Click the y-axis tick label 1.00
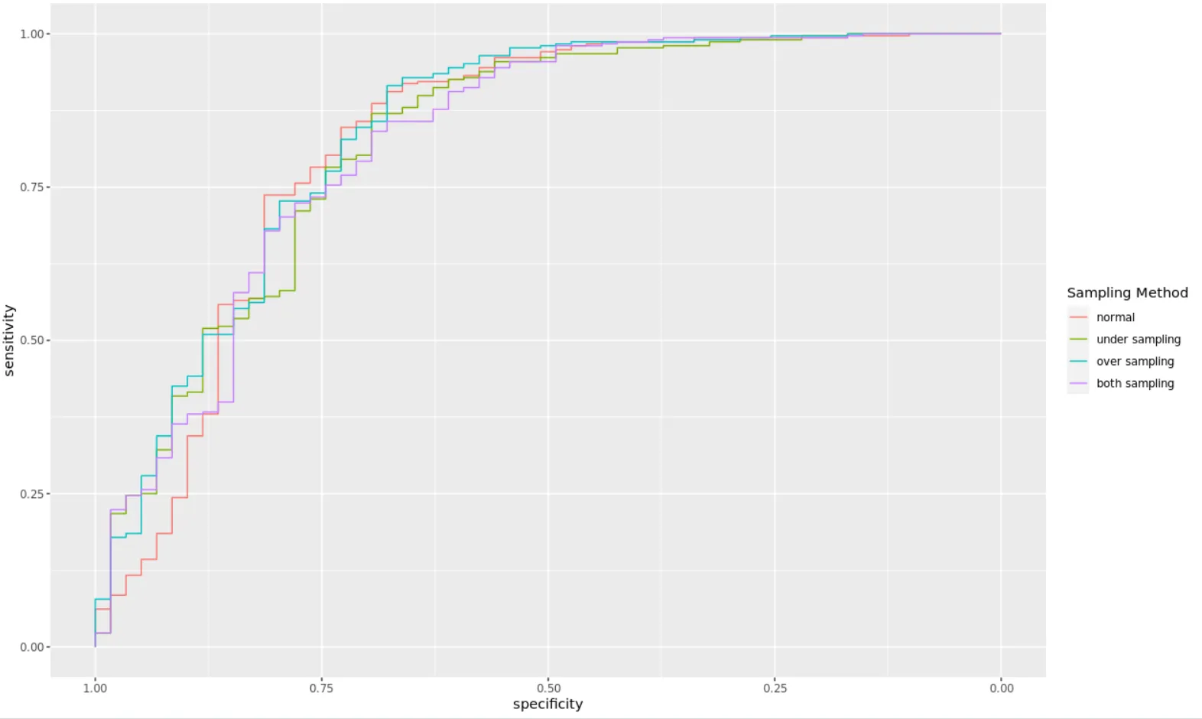coord(32,34)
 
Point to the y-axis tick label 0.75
coord(32,187)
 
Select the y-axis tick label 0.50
coord(32,340)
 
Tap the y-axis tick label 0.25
coord(32,494)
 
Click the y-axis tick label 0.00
coord(32,647)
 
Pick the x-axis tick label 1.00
coord(95,688)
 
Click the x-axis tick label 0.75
coord(322,688)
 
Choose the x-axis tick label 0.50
coord(548,688)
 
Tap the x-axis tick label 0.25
coord(775,688)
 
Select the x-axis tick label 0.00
coord(1002,688)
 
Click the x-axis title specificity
coord(547,704)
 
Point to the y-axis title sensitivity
coord(10,340)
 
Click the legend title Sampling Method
coord(1127,293)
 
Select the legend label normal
coord(1116,317)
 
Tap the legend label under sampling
coord(1139,340)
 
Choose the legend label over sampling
coord(1135,362)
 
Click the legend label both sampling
coord(1135,384)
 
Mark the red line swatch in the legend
coord(1078,317)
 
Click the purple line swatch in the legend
coord(1078,384)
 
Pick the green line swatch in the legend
coord(1078,340)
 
